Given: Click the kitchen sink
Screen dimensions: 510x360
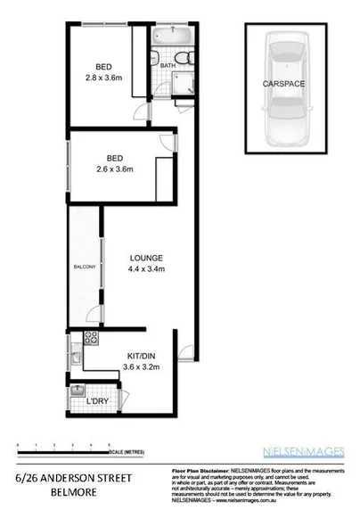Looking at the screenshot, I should (78, 358).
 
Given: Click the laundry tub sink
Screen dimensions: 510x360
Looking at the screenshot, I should (78, 391).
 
